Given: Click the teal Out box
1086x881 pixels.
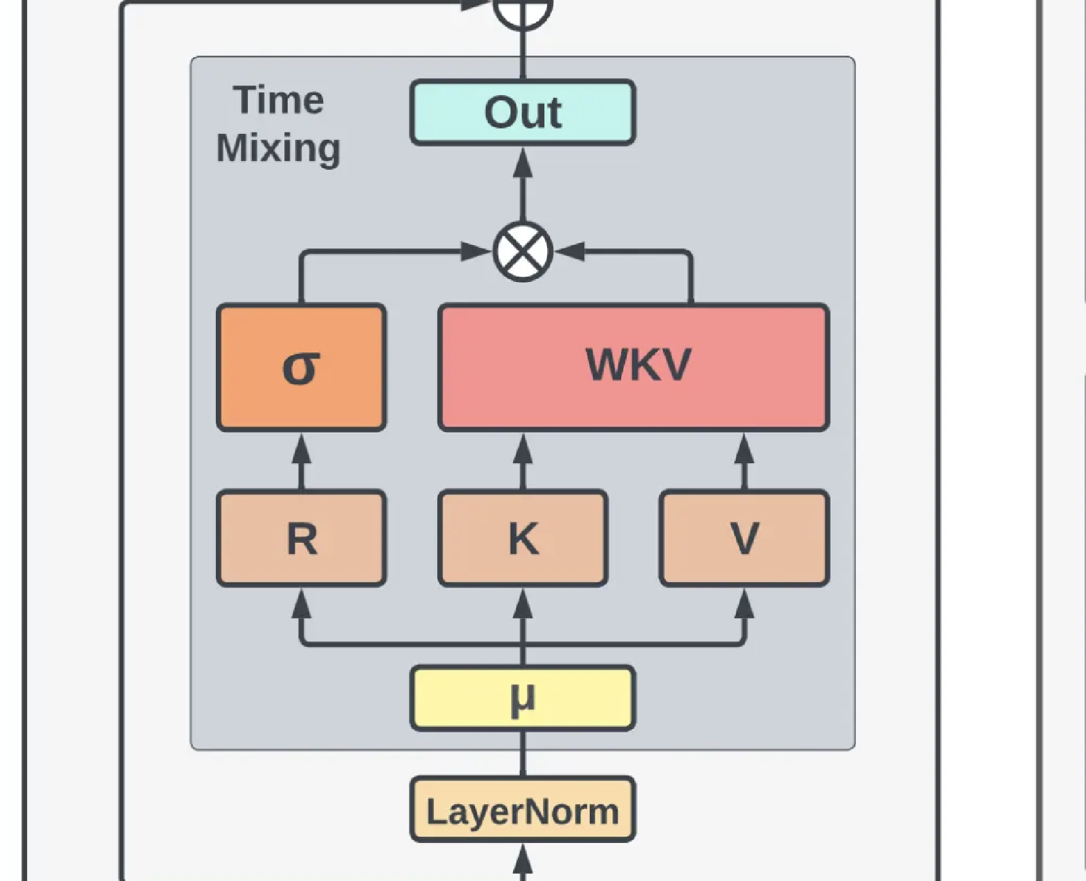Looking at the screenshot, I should tap(523, 112).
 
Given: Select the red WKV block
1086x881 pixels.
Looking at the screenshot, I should tap(634, 367).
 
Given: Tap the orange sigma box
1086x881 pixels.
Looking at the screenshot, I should tap(301, 367).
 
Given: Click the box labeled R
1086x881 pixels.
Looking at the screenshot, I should tap(301, 538).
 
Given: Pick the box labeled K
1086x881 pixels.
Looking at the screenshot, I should tap(523, 538).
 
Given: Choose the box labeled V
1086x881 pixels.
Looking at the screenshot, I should tap(744, 538).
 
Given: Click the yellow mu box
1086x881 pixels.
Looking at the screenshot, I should tap(523, 698).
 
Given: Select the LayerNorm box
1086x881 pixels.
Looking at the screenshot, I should tap(523, 810).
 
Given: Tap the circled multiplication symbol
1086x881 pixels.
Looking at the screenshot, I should tap(523, 252).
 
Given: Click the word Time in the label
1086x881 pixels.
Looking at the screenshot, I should tap(278, 101).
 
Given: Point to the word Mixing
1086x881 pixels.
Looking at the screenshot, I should tap(278, 148).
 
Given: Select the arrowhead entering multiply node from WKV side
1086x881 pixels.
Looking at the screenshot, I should tap(570, 252).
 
